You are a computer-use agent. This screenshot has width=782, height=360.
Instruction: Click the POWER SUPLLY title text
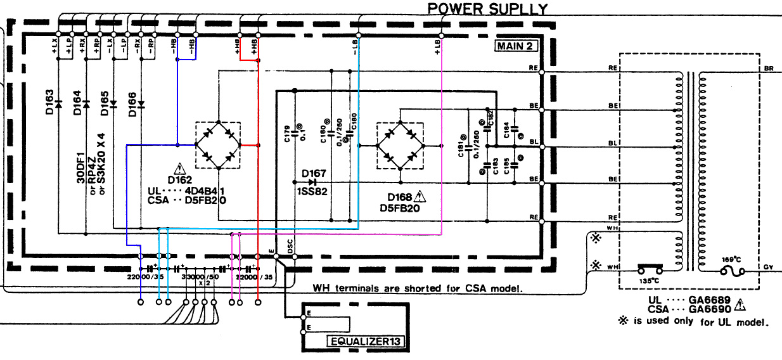(487, 8)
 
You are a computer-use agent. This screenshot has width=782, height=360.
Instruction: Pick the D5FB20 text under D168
(401, 208)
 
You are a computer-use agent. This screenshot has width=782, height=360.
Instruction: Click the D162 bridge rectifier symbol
(218, 145)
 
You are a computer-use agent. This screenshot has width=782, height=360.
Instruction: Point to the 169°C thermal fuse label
(728, 259)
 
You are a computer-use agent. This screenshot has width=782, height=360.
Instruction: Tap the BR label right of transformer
(769, 68)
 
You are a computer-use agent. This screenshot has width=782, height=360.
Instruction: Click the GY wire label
(769, 267)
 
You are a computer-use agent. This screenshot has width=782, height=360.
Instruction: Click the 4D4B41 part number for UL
(205, 190)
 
